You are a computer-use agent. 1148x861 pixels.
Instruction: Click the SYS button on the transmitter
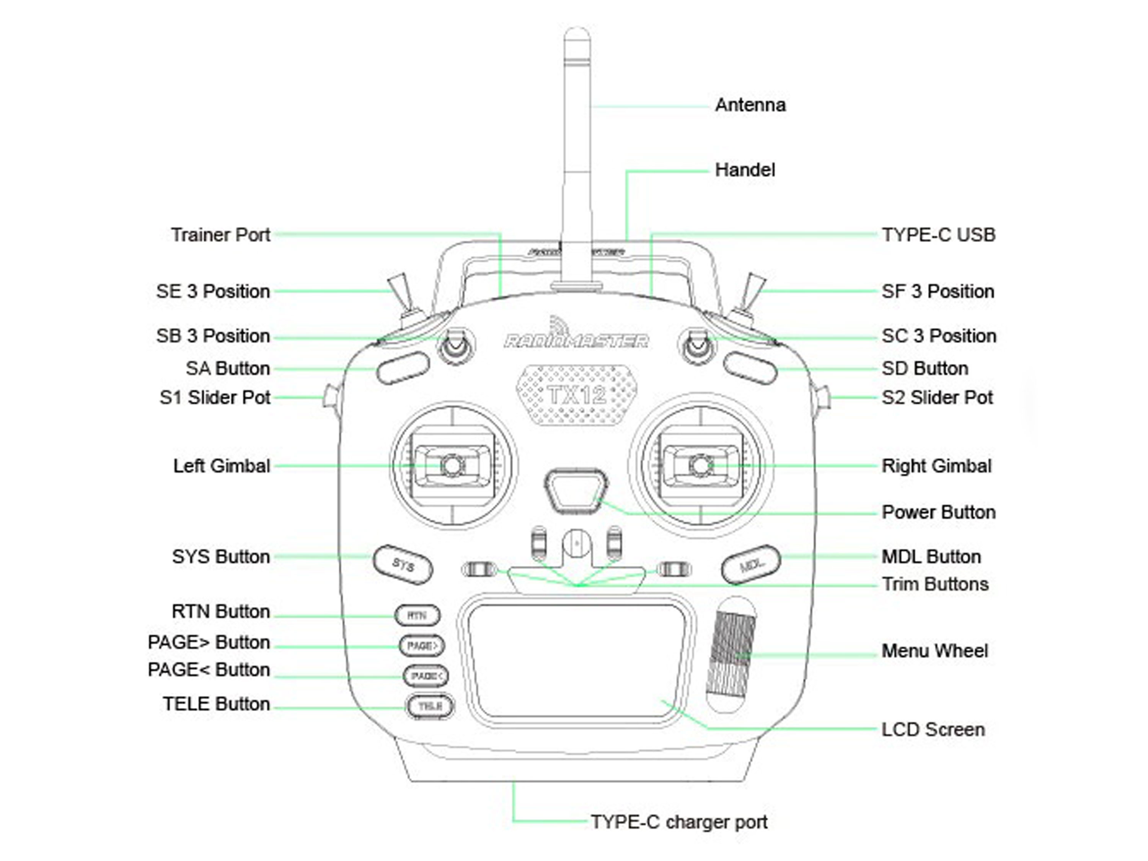[403, 564]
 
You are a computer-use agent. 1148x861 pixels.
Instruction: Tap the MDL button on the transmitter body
[750, 564]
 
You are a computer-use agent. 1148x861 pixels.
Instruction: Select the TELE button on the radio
[430, 707]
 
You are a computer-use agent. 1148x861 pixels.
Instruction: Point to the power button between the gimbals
[577, 490]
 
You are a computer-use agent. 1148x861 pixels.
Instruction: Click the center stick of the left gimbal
[452, 465]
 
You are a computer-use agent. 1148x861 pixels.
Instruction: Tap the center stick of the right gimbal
[701, 465]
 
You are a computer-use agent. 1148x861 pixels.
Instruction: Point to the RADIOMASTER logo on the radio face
[576, 340]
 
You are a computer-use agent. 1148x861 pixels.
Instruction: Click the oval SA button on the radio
[403, 368]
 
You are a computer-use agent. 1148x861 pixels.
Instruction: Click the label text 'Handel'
[745, 170]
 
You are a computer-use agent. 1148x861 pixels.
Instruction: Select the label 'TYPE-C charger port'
[679, 822]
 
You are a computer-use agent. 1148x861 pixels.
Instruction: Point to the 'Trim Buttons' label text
[935, 585]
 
